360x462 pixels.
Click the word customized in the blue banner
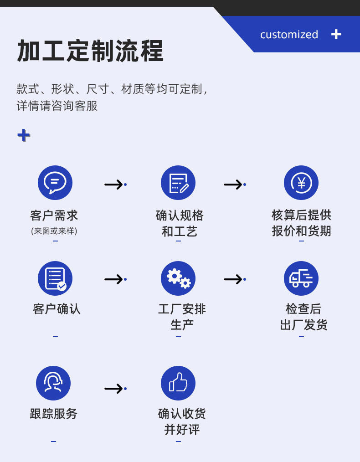(x=289, y=35)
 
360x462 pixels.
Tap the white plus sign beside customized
(x=336, y=34)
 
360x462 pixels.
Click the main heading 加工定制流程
(x=90, y=51)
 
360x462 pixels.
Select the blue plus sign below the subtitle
(x=24, y=135)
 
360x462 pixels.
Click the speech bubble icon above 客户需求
(x=55, y=183)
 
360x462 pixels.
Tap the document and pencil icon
(x=178, y=183)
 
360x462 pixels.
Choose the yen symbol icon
(x=301, y=183)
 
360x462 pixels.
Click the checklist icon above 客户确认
(x=55, y=278)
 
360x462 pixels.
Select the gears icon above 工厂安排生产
(x=178, y=278)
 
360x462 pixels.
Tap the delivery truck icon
(x=301, y=278)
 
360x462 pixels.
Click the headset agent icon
(x=53, y=383)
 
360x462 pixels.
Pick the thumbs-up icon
(x=178, y=383)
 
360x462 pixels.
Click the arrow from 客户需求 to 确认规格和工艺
(x=115, y=185)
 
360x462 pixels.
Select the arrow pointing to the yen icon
(x=234, y=185)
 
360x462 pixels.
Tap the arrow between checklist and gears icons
(x=115, y=279)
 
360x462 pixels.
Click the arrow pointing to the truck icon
(x=234, y=279)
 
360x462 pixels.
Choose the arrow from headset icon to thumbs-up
(x=115, y=389)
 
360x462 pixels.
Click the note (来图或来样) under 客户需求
(x=54, y=231)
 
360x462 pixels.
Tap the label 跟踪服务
(x=54, y=414)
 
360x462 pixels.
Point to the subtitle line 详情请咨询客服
(x=57, y=106)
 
